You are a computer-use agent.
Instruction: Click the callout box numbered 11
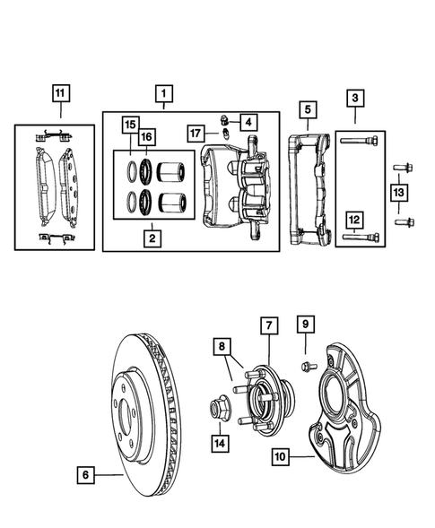(x=59, y=92)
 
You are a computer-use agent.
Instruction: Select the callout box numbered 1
(x=163, y=92)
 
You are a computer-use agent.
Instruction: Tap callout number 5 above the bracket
(x=307, y=110)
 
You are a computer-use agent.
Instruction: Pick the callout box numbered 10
(x=282, y=456)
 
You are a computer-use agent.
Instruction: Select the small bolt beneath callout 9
(x=306, y=365)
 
